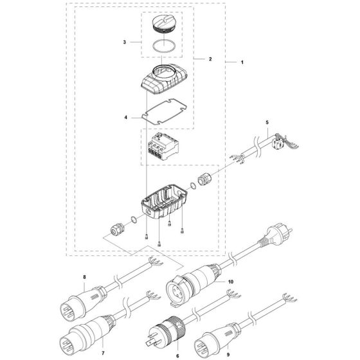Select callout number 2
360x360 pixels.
(x=210, y=59)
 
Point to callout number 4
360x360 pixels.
(x=127, y=118)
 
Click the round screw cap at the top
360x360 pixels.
(x=162, y=25)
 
